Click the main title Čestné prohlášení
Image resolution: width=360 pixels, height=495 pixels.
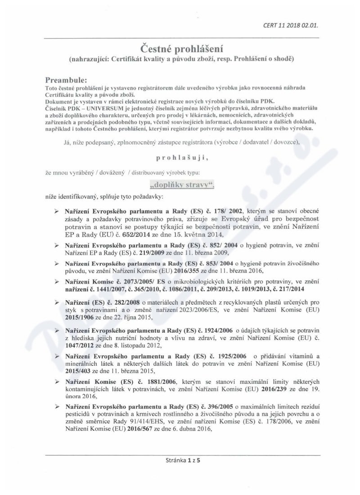(180, 48)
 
